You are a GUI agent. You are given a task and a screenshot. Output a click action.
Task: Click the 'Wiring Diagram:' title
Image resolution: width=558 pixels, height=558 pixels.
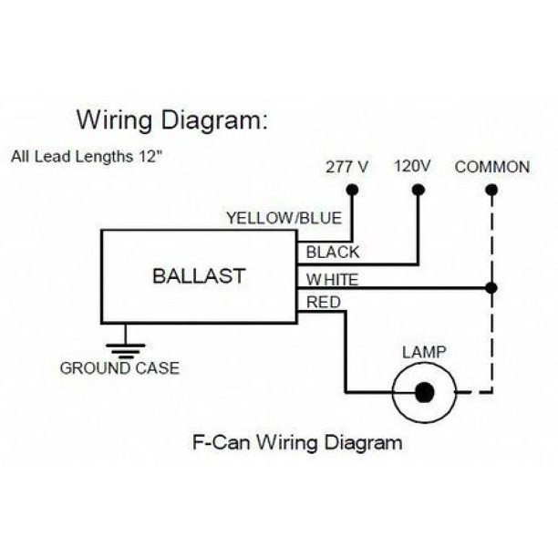coord(171,119)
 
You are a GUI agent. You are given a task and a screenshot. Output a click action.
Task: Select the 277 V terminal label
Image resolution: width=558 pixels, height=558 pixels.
coord(346,168)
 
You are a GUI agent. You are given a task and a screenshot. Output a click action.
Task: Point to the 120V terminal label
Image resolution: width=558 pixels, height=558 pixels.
coord(412,167)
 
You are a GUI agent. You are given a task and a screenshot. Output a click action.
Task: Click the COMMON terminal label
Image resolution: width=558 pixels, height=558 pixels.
coord(491,167)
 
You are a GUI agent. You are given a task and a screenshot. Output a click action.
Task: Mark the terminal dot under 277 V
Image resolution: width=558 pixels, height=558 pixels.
coord(352,190)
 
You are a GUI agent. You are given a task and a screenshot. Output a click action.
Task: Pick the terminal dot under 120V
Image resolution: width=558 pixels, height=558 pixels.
coord(418,190)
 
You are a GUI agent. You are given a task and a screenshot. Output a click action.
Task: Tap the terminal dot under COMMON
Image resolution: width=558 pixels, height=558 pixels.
coord(492,190)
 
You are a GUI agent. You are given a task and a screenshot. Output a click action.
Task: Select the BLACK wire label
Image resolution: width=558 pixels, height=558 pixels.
coord(333,253)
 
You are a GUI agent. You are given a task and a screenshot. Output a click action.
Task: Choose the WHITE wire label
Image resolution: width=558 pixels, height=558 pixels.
coord(332,279)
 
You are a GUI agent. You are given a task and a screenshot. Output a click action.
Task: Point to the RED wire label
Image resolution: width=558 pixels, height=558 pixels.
coord(324,302)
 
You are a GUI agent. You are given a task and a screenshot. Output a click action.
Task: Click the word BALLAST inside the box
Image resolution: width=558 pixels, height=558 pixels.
coord(199,275)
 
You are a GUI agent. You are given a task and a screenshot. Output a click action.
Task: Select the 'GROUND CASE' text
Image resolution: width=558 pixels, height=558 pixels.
coord(119,369)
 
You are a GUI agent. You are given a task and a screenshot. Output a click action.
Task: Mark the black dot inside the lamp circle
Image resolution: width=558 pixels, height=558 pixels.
coord(423,392)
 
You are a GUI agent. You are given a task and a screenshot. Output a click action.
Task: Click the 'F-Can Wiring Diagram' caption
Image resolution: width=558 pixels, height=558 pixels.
coord(297,444)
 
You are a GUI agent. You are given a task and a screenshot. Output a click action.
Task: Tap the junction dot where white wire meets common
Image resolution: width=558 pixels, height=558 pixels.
coord(492,288)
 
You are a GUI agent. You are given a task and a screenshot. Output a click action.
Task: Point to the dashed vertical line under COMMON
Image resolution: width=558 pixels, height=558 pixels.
coord(492,337)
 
